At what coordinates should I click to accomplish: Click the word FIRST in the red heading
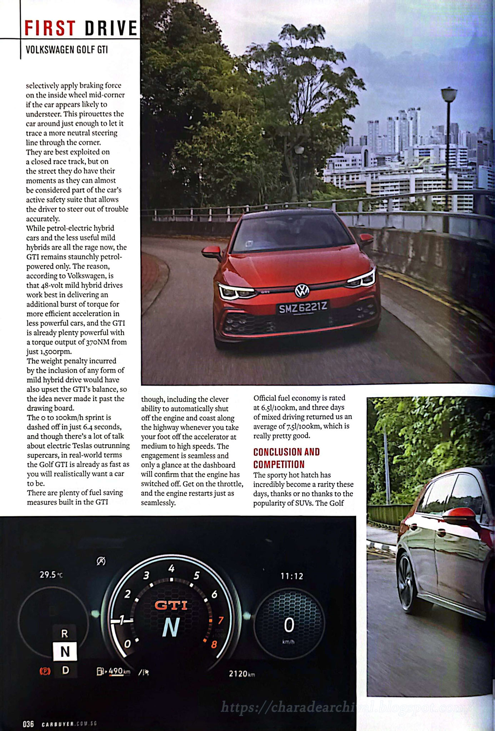pos(50,28)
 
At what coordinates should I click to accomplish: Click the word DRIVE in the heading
pos(111,28)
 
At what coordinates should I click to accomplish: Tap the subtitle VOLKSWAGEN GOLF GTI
pos(67,50)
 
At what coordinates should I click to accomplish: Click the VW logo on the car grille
pos(302,291)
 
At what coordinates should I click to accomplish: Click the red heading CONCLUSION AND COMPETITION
pos(286,458)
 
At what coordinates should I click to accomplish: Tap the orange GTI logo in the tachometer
pos(171,605)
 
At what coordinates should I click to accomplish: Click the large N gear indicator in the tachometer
pos(171,627)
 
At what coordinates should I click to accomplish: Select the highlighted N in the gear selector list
pos(65,651)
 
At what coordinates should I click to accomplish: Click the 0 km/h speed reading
pos(289,625)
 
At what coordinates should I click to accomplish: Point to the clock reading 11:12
pos(291,576)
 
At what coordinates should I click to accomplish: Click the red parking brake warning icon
pos(45,671)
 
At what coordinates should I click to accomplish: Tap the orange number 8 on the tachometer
pos(214,645)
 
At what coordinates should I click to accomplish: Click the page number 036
pos(28,724)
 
